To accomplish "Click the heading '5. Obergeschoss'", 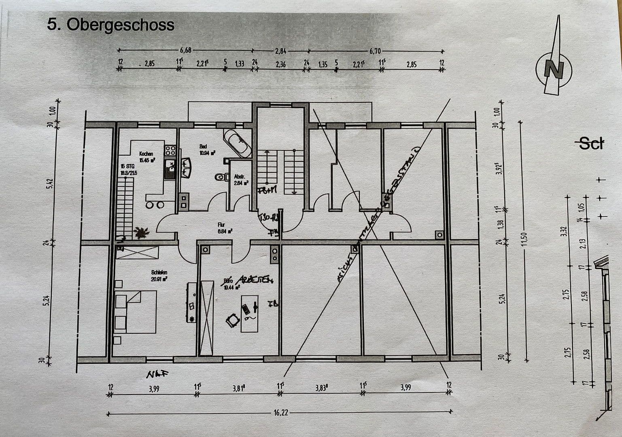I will tap(110, 25).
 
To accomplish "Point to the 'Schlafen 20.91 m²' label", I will tap(159, 276).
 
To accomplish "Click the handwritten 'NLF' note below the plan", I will tap(157, 375).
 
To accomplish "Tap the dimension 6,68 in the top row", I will tap(185, 51).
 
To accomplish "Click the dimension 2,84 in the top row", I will tap(280, 51).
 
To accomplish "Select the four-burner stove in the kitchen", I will tap(170, 151).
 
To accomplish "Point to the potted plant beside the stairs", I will tap(142, 232).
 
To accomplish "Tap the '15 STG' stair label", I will tap(127, 166).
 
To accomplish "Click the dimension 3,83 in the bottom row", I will tap(321, 387).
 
